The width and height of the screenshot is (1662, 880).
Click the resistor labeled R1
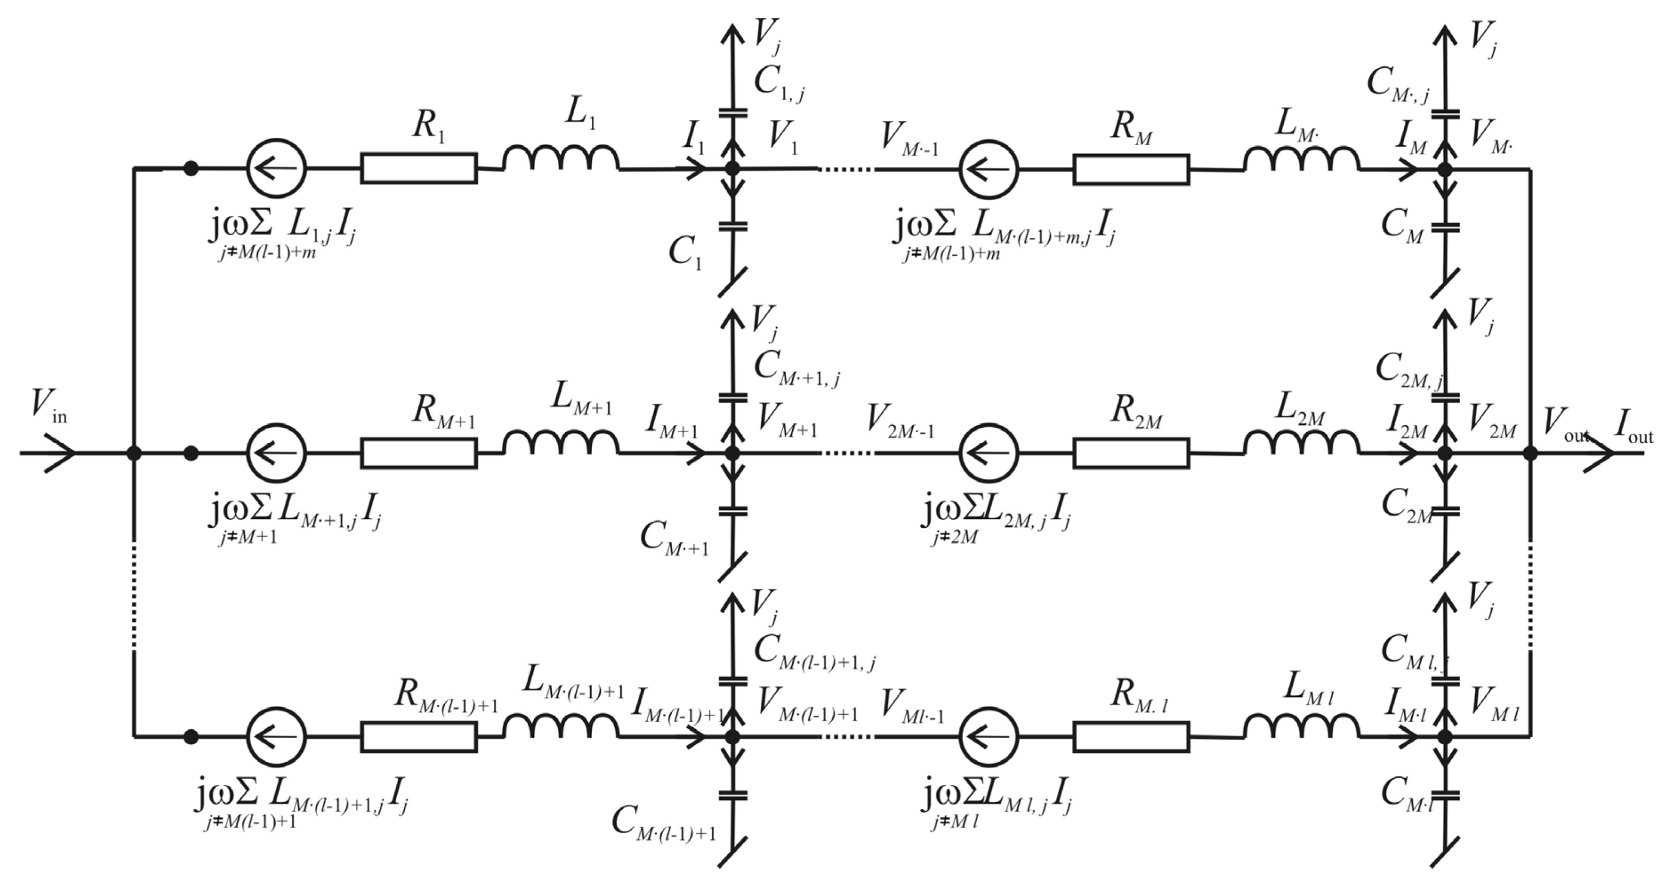click(x=419, y=169)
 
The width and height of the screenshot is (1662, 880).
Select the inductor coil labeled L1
click(x=561, y=161)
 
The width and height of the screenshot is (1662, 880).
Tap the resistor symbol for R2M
click(x=1131, y=453)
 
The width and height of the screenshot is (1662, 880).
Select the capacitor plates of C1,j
click(x=733, y=113)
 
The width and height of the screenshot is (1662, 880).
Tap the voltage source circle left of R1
click(x=276, y=169)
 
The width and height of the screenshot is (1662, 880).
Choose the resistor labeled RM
click(x=1131, y=170)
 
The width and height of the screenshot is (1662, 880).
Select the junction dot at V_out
click(x=1530, y=453)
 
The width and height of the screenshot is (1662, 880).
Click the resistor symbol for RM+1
click(x=419, y=453)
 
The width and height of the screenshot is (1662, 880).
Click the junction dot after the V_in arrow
click(x=133, y=453)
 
